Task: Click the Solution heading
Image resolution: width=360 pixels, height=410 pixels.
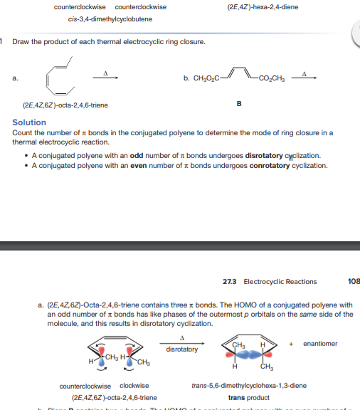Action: (x=29, y=122)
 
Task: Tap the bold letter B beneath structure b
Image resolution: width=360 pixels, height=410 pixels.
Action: (x=238, y=105)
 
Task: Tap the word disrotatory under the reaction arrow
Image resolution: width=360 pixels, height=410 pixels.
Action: (x=181, y=349)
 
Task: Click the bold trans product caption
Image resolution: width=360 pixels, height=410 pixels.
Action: (x=249, y=398)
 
